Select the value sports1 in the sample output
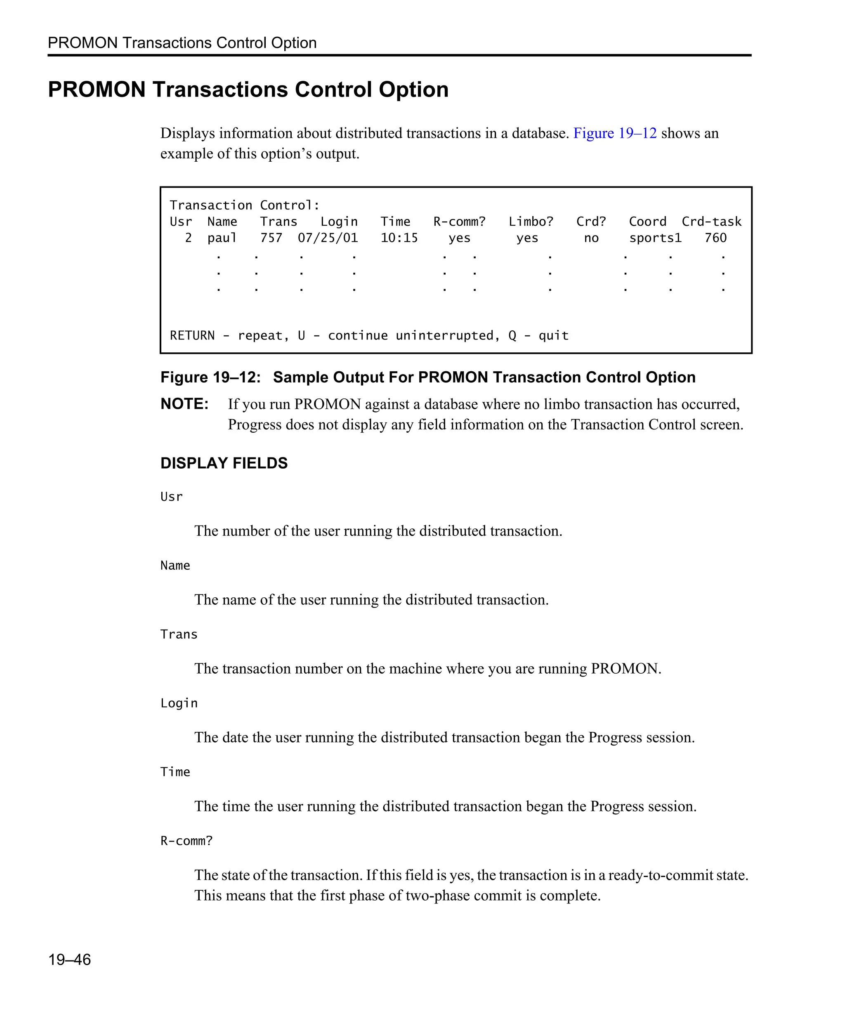coord(655,238)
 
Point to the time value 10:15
coord(399,238)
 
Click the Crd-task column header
coord(711,222)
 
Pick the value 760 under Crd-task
coord(715,238)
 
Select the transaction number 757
coord(271,238)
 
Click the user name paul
coord(222,238)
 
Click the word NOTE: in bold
coord(184,404)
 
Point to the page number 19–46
coord(70,960)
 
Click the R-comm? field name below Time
coord(186,841)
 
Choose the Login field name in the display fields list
coord(179,703)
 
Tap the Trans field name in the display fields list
coord(179,634)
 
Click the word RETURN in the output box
coord(192,335)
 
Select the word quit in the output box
coord(553,335)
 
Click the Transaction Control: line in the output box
coord(244,205)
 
